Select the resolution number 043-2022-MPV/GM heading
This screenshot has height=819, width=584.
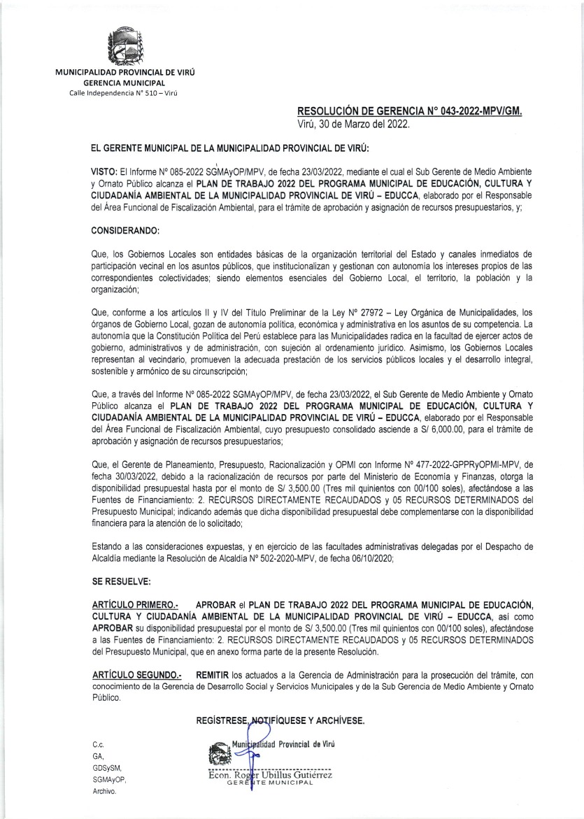pos(410,112)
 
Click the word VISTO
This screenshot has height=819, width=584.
pos(104,171)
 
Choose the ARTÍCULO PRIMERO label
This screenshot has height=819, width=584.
pos(135,604)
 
